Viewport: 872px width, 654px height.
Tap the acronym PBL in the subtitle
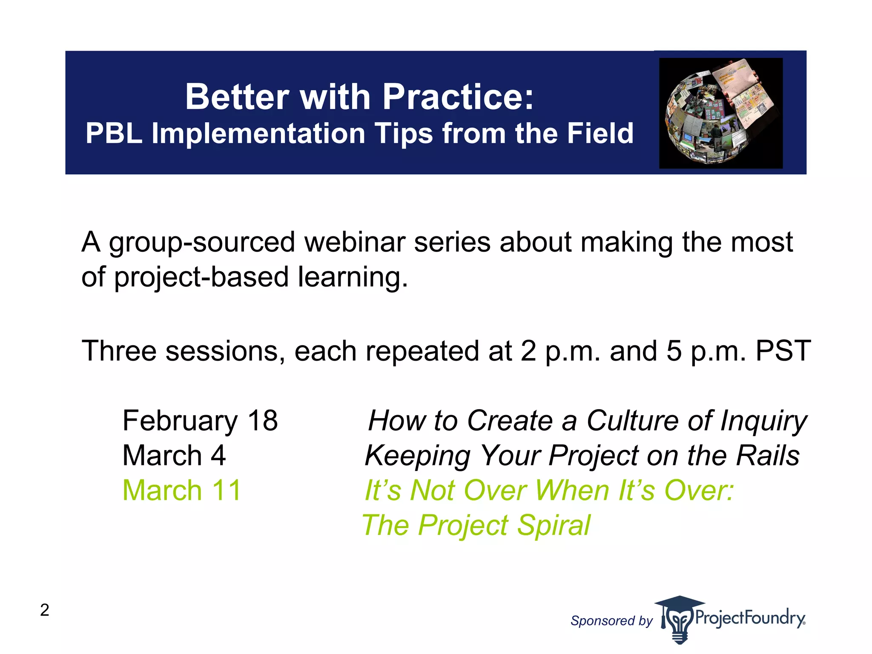click(114, 134)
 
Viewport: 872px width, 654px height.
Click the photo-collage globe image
click(720, 113)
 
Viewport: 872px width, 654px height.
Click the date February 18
click(200, 421)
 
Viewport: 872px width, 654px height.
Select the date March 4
click(174, 456)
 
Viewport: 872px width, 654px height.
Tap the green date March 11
click(182, 490)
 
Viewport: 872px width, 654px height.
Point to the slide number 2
click(45, 610)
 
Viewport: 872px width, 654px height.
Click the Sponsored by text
click(611, 621)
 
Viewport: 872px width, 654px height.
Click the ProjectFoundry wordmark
click(749, 617)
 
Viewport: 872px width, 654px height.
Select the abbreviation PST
click(783, 351)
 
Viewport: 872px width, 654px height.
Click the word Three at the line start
click(119, 351)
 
